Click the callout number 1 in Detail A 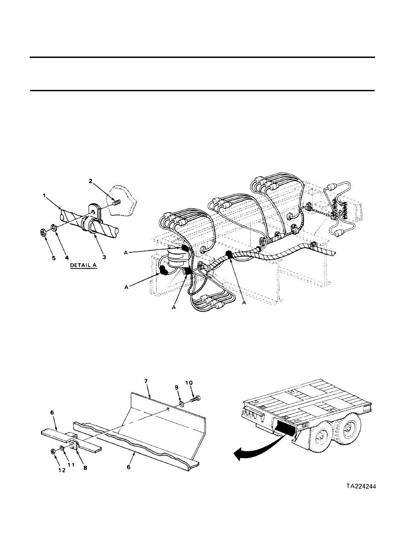tap(45, 196)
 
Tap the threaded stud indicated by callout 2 tap(117, 200)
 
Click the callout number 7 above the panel tap(146, 381)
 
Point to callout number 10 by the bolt tap(189, 383)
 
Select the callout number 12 tap(62, 470)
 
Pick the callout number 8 tap(85, 468)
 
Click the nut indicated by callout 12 tap(52, 451)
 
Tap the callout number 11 tap(71, 465)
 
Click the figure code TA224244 tap(361, 486)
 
